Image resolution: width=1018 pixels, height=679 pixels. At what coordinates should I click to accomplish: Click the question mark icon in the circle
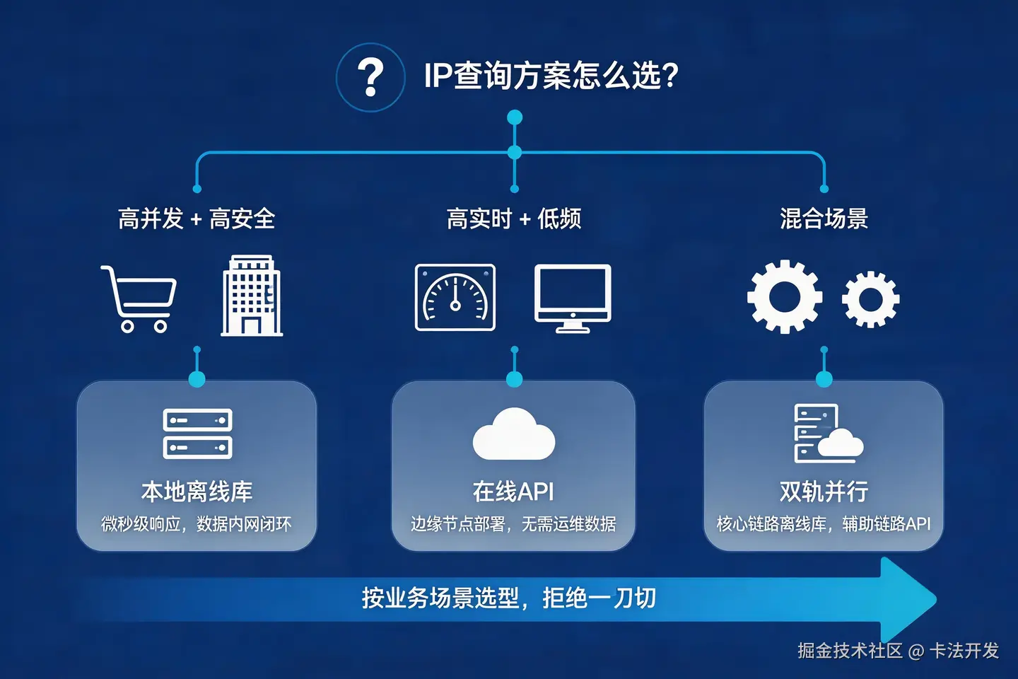pyautogui.click(x=370, y=77)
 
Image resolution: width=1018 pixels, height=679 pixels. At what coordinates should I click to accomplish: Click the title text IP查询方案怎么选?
pyautogui.click(x=551, y=76)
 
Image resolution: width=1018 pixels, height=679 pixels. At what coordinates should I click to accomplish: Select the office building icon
pyautogui.click(x=252, y=296)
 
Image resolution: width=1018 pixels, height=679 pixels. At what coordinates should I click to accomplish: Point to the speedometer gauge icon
pyautogui.click(x=455, y=298)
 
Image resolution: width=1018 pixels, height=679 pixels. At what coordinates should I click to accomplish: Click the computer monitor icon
pyautogui.click(x=573, y=298)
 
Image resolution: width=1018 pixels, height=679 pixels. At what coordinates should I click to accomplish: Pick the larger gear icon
pyautogui.click(x=785, y=296)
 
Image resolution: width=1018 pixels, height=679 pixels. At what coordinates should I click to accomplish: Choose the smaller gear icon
pyautogui.click(x=870, y=299)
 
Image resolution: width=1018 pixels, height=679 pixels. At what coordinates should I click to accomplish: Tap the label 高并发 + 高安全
pyautogui.click(x=197, y=219)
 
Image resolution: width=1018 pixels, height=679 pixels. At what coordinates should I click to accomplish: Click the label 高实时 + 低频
pyautogui.click(x=514, y=219)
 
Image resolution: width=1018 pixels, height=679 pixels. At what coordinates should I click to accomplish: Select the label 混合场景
pyautogui.click(x=824, y=219)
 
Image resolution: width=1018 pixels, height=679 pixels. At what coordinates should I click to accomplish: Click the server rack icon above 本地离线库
pyautogui.click(x=197, y=434)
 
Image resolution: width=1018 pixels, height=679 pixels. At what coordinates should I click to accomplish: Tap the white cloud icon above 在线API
pyautogui.click(x=514, y=434)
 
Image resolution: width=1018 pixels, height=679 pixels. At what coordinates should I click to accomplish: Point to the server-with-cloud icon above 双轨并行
pyautogui.click(x=825, y=433)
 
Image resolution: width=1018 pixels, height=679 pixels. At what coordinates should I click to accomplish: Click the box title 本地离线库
pyautogui.click(x=197, y=492)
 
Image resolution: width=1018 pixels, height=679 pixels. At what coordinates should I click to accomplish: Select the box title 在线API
pyautogui.click(x=513, y=492)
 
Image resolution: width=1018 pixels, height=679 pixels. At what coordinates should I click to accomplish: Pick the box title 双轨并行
pyautogui.click(x=824, y=492)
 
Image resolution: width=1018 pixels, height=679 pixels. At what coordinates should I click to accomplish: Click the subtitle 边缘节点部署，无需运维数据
pyautogui.click(x=513, y=524)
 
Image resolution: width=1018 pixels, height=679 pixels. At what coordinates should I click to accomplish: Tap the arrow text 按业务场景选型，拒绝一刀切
pyautogui.click(x=509, y=598)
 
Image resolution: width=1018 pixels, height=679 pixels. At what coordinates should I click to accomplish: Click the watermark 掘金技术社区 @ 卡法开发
pyautogui.click(x=898, y=651)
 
